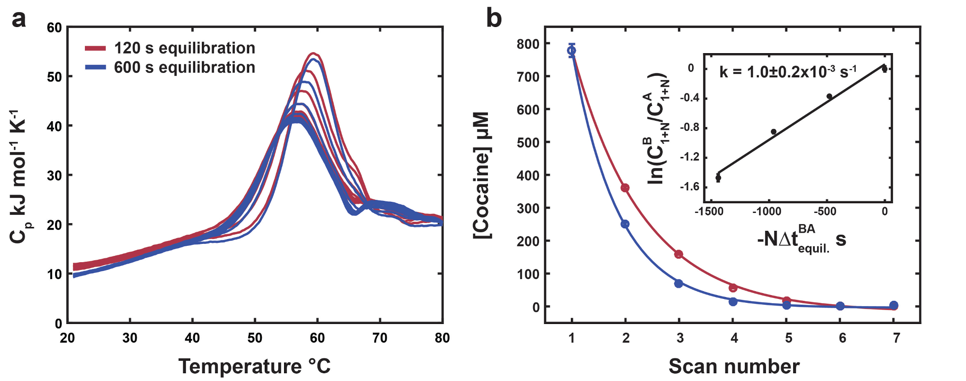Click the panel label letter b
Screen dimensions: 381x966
click(x=494, y=19)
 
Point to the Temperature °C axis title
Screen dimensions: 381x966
click(x=255, y=366)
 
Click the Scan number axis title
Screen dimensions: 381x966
click(x=734, y=367)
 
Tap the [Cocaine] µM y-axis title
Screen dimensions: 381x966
click(x=482, y=175)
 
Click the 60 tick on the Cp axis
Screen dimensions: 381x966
click(x=55, y=28)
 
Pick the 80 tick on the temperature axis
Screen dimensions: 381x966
click(x=442, y=338)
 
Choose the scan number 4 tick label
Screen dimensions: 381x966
click(x=734, y=338)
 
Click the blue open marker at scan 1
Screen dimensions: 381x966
click(x=572, y=51)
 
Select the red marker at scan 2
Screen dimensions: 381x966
click(x=625, y=188)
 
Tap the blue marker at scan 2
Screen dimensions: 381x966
click(x=625, y=224)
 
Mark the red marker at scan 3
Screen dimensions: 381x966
click(x=679, y=254)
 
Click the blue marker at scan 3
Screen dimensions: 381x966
click(x=679, y=283)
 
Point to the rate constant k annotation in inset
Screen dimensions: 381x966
click(x=788, y=72)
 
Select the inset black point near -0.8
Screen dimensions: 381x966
click(x=774, y=131)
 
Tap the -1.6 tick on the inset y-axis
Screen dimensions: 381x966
click(x=690, y=187)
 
